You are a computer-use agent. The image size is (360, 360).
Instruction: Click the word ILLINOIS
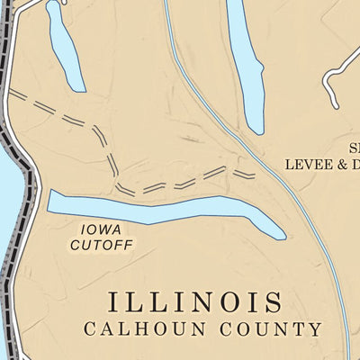coord(195,301)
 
